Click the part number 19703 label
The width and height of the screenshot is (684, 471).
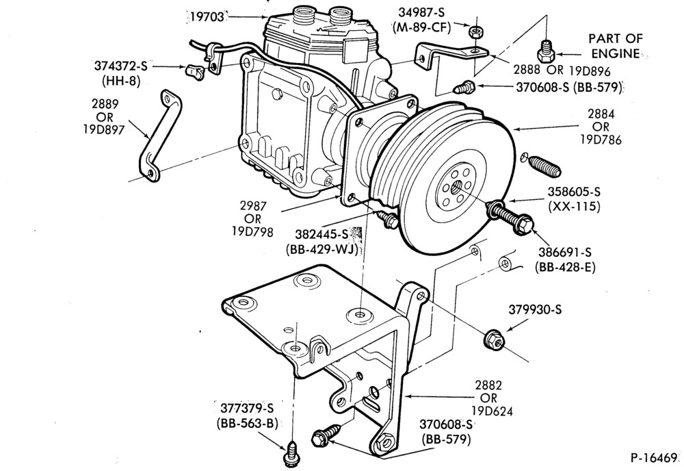point(207,17)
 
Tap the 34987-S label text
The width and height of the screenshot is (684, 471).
point(421,13)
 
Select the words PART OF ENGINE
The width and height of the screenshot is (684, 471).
point(616,46)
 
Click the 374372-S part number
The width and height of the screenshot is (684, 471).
point(121,66)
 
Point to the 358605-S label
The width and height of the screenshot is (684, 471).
point(574,192)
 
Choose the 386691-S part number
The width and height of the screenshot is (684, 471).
point(565,252)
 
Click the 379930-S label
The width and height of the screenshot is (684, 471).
point(536,309)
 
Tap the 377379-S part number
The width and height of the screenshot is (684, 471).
point(247,409)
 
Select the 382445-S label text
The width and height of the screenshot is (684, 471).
point(322,234)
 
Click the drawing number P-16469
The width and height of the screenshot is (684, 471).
point(654,458)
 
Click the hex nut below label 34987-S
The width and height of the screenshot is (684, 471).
point(475,32)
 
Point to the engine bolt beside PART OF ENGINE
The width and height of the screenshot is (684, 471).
point(545,52)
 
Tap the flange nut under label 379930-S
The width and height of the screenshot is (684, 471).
point(495,339)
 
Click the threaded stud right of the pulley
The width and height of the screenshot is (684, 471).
point(544,167)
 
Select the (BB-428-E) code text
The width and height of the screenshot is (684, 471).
point(565,267)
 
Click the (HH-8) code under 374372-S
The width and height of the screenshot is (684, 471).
point(121,81)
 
